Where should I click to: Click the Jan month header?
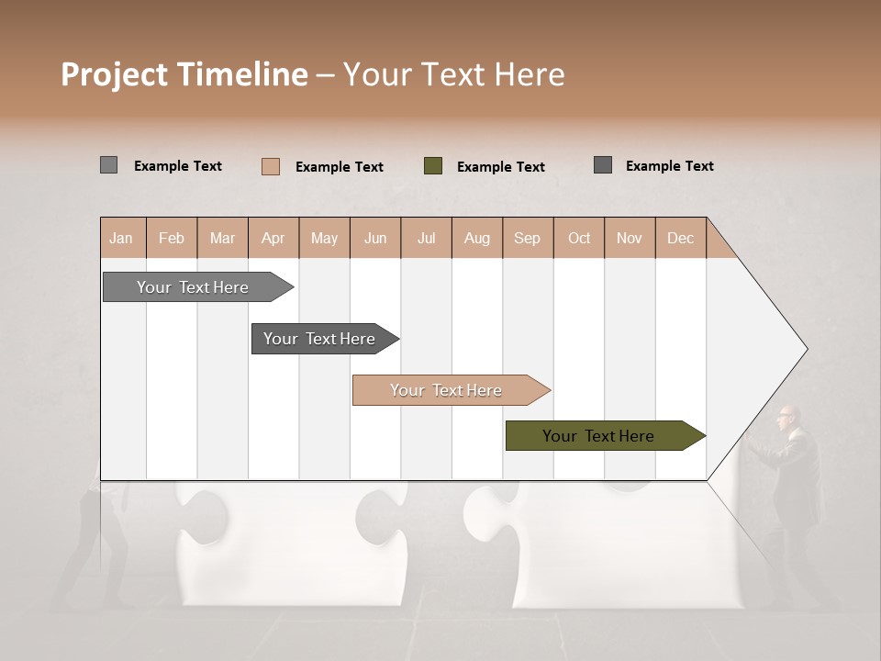pos(121,238)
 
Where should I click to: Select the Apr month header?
pos(273,238)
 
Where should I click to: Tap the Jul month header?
pos(426,238)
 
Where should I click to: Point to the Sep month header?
pos(527,238)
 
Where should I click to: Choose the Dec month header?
pos(680,238)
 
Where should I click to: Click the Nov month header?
pos(629,238)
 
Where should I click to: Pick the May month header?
pos(324,238)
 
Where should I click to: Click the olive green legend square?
pos(433,166)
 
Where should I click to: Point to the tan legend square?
pos(271,166)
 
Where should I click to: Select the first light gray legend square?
pos(109,165)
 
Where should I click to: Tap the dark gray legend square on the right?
pos(603,165)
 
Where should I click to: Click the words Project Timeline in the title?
pos(184,74)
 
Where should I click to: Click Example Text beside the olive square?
pos(500,167)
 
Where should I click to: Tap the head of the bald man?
pos(786,416)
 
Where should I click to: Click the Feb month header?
pos(172,238)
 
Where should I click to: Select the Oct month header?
pos(579,238)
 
